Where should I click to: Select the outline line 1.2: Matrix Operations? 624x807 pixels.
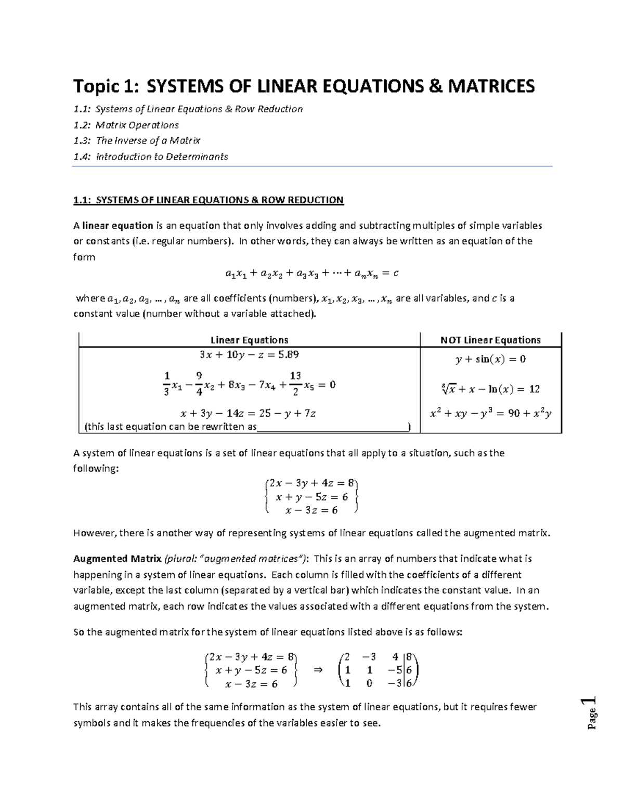coord(126,125)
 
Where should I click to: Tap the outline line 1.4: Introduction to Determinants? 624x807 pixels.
coord(150,156)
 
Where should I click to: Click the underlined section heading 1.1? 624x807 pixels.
coord(209,200)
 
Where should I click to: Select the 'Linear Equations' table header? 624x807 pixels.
coord(249,340)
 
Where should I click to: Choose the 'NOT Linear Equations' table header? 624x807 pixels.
coord(490,340)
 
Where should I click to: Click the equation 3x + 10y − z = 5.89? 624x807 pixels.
coord(249,355)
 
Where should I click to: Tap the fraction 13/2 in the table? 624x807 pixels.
coord(295,384)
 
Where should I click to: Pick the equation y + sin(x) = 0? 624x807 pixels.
coord(490,359)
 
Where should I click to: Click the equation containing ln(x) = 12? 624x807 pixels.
coord(490,389)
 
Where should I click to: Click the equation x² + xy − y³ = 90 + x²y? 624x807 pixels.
coord(490,414)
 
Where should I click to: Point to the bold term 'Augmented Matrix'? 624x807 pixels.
coord(118,559)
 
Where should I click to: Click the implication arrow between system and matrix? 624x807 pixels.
coord(318,670)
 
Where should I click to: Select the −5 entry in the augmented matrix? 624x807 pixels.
coord(398,670)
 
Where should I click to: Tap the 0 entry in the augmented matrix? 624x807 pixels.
coord(369,683)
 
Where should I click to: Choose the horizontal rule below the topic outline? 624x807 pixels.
coord(312,166)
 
